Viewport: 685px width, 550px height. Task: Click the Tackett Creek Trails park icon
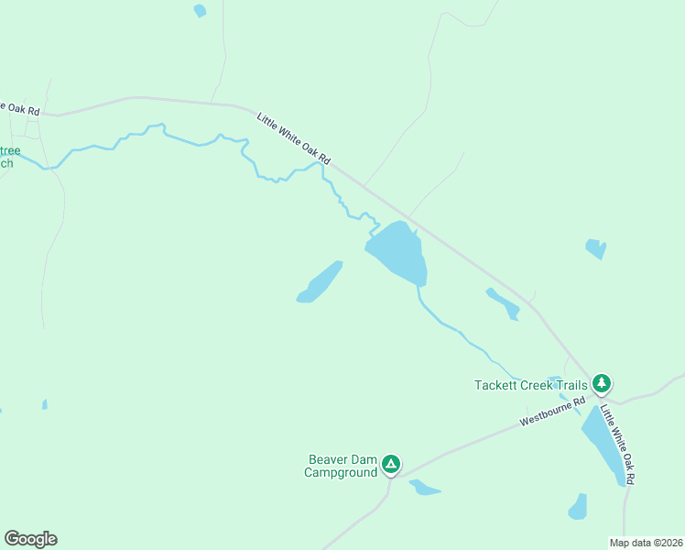point(601,382)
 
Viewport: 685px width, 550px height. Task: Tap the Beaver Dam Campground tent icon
point(391,465)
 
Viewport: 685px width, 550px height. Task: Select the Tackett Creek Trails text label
point(530,385)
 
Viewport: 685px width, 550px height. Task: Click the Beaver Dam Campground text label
point(342,466)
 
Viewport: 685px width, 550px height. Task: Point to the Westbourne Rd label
point(552,412)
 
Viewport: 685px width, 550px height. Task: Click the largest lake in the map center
point(399,253)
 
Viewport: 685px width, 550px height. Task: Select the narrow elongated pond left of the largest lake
point(320,282)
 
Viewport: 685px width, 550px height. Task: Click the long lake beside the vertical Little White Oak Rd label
point(603,445)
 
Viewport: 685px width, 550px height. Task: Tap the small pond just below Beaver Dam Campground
point(424,487)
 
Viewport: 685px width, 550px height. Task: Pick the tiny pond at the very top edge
point(200,11)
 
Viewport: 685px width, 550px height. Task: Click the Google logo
point(30,539)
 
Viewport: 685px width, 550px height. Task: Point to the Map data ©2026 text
point(646,542)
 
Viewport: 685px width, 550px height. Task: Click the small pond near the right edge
point(595,248)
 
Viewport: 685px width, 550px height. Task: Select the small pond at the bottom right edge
point(578,507)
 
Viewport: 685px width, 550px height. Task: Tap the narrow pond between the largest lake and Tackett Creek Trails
point(503,303)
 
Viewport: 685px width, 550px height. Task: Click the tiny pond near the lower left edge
point(44,403)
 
